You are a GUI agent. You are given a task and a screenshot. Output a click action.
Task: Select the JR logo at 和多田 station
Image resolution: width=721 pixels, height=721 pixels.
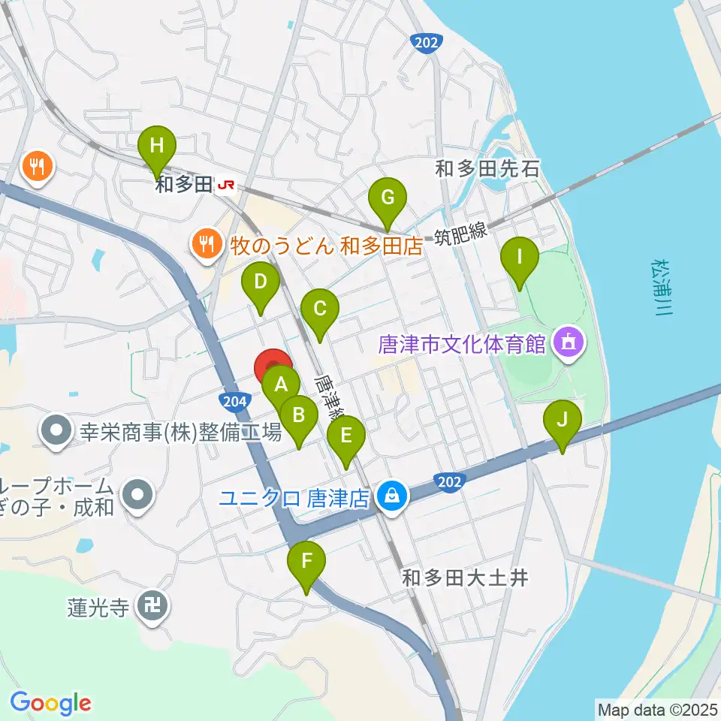coord(224,185)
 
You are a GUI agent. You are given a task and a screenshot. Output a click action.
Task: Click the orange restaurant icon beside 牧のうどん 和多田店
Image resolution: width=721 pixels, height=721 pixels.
coord(205,243)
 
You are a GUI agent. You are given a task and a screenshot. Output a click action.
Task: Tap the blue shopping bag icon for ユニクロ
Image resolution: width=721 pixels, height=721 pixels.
coord(391,496)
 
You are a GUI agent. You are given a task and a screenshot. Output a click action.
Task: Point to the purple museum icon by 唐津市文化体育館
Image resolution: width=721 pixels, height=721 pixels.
coord(566,344)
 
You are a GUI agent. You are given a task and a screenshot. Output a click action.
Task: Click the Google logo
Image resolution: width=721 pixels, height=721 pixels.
coord(50,703)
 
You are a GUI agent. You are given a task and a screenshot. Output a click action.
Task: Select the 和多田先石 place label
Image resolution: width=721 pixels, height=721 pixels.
coord(487,168)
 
